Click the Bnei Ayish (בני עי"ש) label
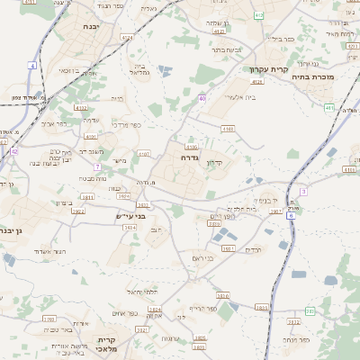pyautogui.click(x=130, y=216)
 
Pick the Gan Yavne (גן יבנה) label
pyautogui.click(x=15, y=230)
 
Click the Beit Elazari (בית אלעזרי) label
pyautogui.click(x=242, y=96)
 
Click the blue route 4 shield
pyautogui.click(x=31, y=66)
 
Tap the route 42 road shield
pyautogui.click(x=14, y=152)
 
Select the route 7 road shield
pyautogui.click(x=96, y=166)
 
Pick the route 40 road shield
pyautogui.click(x=202, y=98)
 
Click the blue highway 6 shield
pyautogui.click(x=291, y=215)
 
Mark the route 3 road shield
pyautogui.click(x=303, y=192)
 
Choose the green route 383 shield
pyautogui.click(x=309, y=311)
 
